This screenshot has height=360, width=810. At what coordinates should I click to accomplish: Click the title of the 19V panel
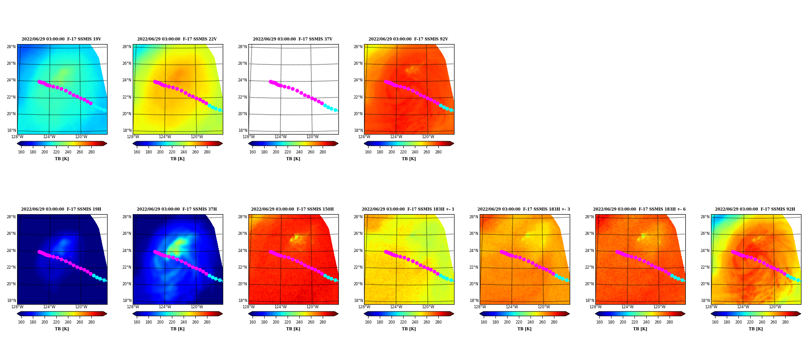[61, 39]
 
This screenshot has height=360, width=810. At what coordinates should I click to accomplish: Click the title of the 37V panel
[292, 39]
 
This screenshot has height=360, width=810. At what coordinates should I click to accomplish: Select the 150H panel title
[292, 209]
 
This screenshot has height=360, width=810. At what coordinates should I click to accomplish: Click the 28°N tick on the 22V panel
[126, 47]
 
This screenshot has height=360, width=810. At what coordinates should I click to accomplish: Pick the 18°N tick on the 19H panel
[11, 301]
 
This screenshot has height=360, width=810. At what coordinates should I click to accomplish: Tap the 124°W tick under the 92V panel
[396, 137]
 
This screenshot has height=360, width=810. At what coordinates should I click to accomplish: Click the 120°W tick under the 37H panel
[197, 307]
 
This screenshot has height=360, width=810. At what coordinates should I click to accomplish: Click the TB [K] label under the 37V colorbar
[293, 159]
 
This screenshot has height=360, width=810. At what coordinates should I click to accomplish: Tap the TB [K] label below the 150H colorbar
[293, 329]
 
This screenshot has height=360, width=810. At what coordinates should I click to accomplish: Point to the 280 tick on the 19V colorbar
[91, 152]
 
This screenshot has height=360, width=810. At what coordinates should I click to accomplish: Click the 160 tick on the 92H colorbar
[715, 322]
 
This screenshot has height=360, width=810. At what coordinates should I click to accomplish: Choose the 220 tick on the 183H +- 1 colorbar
[403, 322]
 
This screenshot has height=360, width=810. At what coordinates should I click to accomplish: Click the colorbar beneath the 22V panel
[178, 144]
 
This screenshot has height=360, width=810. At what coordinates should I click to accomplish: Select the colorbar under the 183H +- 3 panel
[525, 314]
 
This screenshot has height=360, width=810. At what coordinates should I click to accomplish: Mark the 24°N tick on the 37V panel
[242, 81]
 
